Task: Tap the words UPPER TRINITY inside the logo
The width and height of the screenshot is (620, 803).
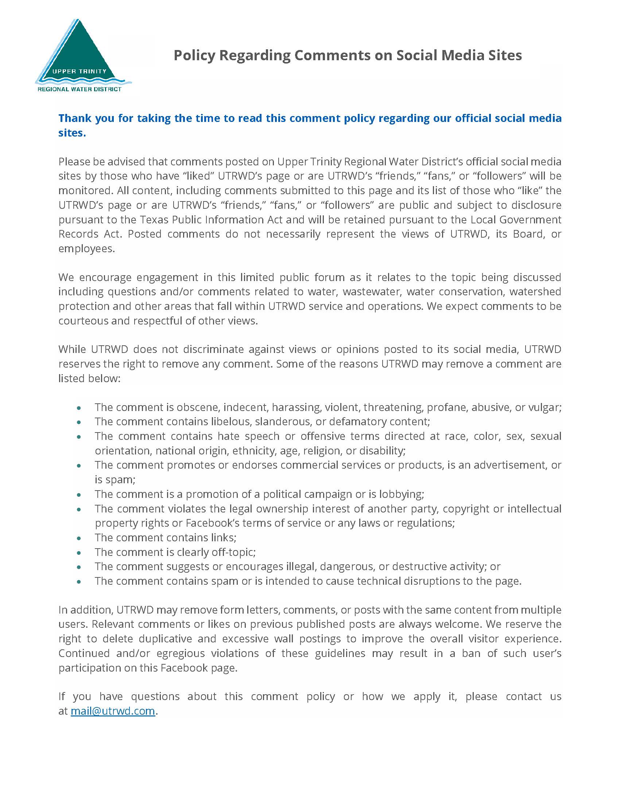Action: [x=80, y=71]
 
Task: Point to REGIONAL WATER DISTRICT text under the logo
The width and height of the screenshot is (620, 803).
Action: [x=80, y=89]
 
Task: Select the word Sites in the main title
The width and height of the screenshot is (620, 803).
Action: [x=505, y=55]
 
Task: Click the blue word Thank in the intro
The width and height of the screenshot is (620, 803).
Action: [x=75, y=118]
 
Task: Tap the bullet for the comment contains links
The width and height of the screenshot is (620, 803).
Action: [x=79, y=538]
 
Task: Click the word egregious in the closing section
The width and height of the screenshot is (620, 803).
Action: [x=180, y=653]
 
